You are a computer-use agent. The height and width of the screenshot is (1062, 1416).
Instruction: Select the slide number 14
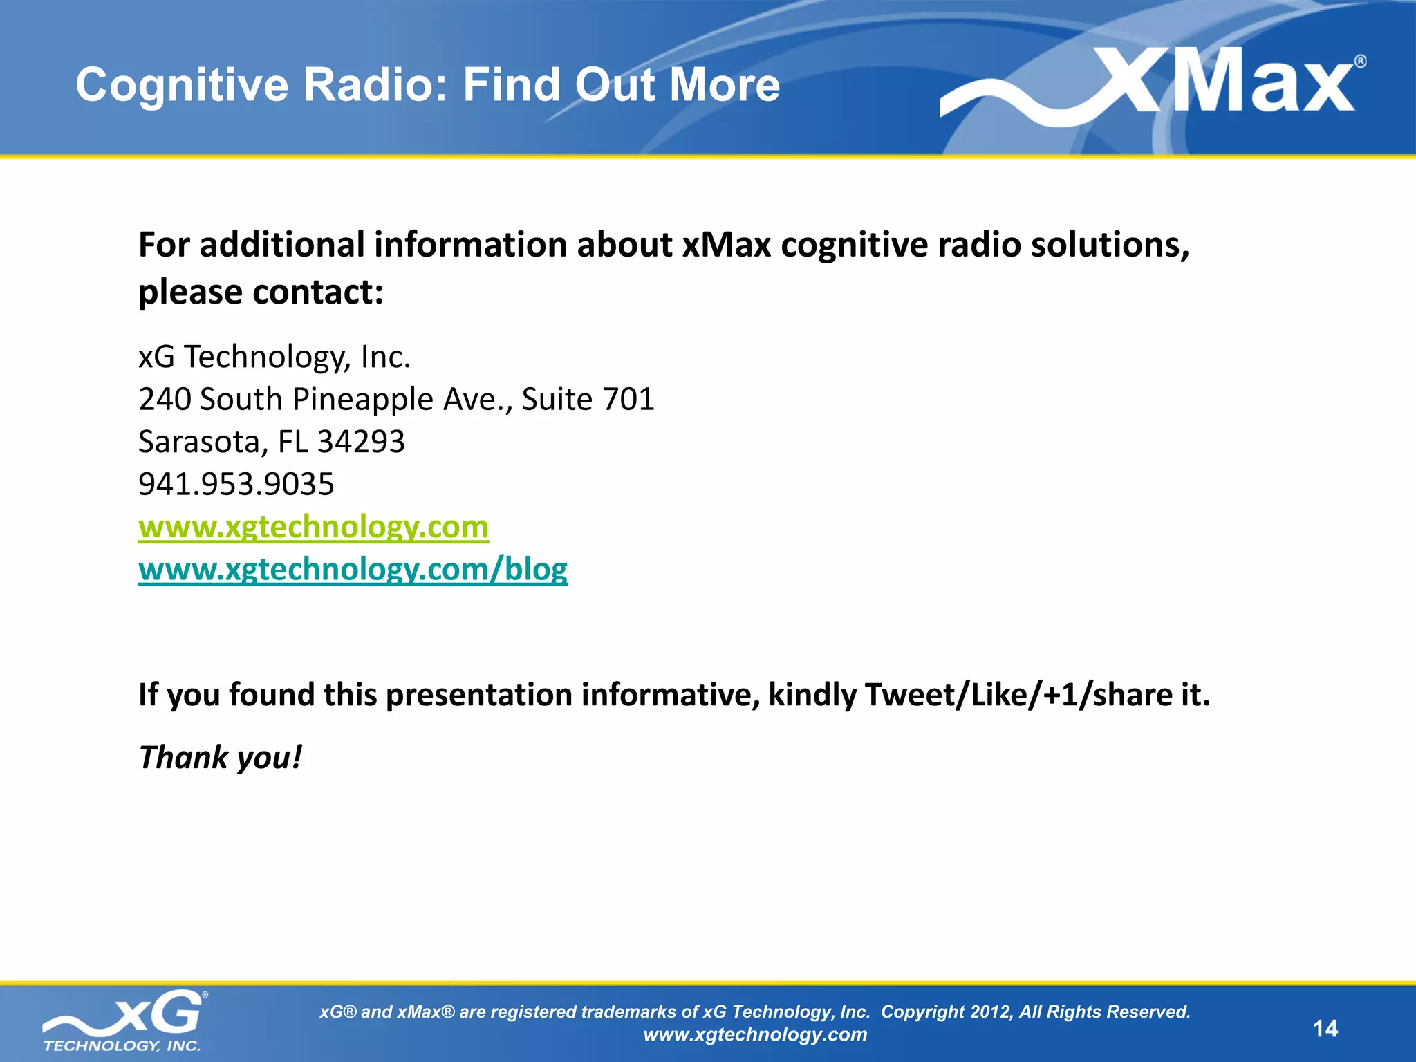(1325, 1029)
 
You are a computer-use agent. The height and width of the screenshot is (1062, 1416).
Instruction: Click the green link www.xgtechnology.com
(313, 527)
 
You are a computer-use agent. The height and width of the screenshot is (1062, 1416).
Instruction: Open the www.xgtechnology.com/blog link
(353, 570)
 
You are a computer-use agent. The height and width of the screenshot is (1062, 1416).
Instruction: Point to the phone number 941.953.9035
(236, 484)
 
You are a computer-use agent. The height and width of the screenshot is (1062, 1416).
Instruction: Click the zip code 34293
(361, 442)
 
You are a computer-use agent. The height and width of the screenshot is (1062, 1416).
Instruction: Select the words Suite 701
(588, 400)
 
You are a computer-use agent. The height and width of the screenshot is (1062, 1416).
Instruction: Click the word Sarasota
(198, 442)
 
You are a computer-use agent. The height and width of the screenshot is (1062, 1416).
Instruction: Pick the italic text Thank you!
(221, 758)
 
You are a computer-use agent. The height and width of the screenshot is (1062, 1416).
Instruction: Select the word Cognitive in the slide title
(181, 85)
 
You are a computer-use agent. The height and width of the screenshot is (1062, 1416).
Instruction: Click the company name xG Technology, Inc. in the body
(274, 357)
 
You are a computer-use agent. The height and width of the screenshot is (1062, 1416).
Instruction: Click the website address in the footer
(755, 1035)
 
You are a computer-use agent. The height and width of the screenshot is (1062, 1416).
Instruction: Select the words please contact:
(261, 292)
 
